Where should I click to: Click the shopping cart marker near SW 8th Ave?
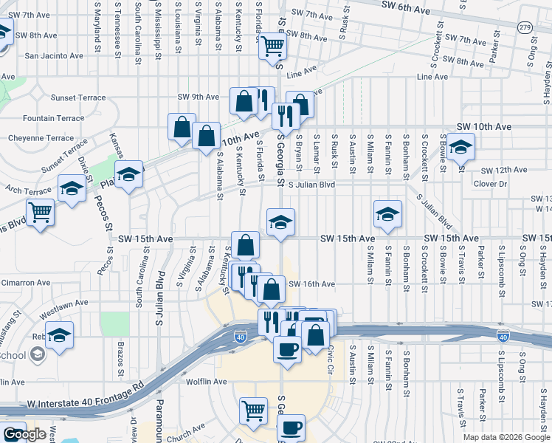[272, 47]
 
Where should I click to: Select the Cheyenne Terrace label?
[41, 138]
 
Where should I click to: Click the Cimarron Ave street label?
[25, 283]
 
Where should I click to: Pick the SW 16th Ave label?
[311, 284]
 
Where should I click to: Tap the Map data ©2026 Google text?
[506, 437]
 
